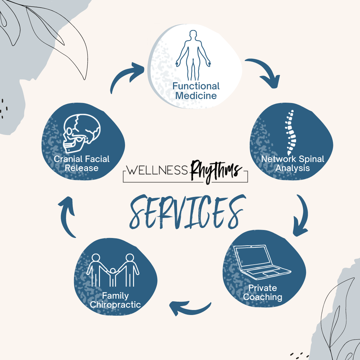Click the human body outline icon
click(x=193, y=55)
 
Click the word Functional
click(x=196, y=86)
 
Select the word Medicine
click(x=196, y=96)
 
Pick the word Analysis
click(x=292, y=168)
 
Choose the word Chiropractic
click(x=115, y=305)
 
